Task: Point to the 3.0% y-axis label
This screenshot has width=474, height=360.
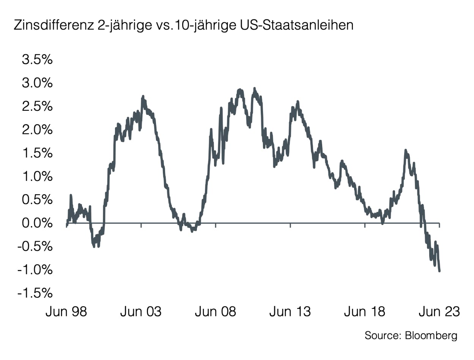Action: coord(35,83)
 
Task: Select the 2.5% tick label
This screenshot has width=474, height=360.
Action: coord(35,107)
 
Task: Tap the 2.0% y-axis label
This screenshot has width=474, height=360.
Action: coord(35,130)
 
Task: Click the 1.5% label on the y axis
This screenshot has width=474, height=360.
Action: coord(35,154)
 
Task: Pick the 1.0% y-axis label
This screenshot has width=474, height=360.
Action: coord(35,177)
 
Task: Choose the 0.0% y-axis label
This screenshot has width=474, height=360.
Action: coord(35,223)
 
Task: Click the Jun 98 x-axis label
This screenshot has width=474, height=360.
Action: coord(66,312)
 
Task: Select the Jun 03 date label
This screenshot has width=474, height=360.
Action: coord(141,312)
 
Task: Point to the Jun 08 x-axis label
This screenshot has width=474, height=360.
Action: coord(216,312)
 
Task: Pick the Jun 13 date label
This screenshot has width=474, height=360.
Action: coord(290,312)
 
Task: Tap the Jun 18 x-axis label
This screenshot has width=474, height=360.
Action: coord(365,312)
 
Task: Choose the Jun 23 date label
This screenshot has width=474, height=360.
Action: coord(439,312)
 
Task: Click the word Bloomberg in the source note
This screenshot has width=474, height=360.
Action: coord(431,335)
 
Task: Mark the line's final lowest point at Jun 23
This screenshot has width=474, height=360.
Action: coord(439,270)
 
